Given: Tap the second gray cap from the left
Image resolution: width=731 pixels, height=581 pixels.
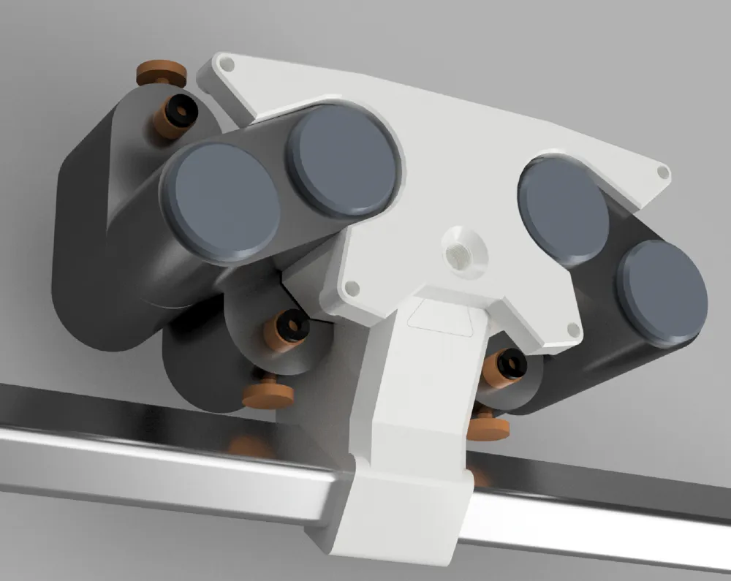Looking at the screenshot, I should pyautogui.click(x=342, y=160).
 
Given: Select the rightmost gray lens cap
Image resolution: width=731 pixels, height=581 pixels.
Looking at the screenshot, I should pyautogui.click(x=662, y=292).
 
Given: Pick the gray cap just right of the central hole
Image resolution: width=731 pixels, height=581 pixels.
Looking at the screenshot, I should pyautogui.click(x=563, y=210).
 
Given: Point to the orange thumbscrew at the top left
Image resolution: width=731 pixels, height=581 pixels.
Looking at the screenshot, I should pyautogui.click(x=161, y=72).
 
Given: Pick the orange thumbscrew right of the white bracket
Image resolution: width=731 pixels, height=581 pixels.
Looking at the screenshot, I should pyautogui.click(x=488, y=428).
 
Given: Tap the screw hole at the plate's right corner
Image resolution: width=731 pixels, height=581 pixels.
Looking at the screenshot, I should pyautogui.click(x=663, y=172).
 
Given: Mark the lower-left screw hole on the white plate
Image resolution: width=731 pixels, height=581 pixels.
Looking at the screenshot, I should pyautogui.click(x=352, y=289).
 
